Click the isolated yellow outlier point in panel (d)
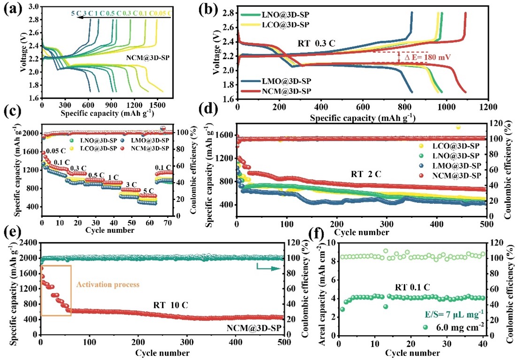pyautogui.click(x=458, y=127)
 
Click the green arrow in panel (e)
pyautogui.click(x=264, y=268)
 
